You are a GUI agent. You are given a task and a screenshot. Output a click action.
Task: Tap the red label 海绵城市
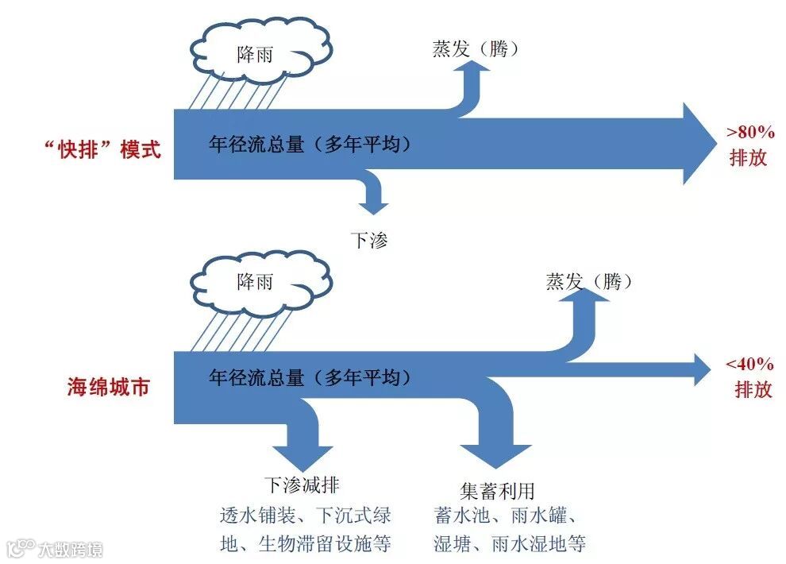[x=108, y=389]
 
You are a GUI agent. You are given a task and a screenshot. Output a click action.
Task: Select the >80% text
[x=750, y=132]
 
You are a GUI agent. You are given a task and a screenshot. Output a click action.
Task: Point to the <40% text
[x=749, y=365]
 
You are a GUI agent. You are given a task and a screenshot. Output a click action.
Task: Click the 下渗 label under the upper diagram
[x=369, y=240]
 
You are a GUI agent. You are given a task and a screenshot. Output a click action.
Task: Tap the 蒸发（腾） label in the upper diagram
[x=476, y=49]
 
